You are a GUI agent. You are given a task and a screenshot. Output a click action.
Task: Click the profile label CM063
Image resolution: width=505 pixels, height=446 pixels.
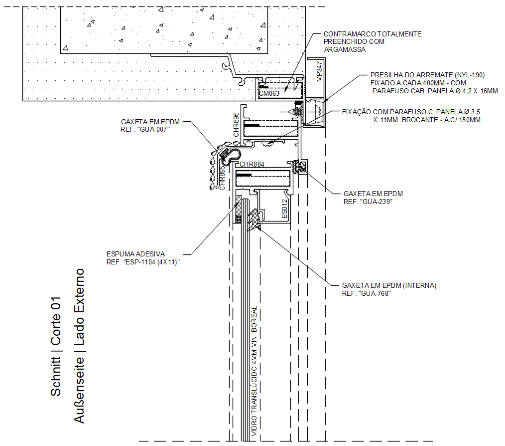pyautogui.click(x=269, y=94)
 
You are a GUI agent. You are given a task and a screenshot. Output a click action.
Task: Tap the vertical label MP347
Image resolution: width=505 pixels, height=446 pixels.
pyautogui.click(x=319, y=71)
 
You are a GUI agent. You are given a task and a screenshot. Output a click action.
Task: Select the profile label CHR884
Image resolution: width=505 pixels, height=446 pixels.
pyautogui.click(x=252, y=164)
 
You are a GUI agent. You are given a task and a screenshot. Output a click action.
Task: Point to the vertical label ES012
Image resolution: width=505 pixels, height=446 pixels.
pyautogui.click(x=284, y=209)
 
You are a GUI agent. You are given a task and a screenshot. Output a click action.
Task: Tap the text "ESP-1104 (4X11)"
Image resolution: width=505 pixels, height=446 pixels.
pyautogui.click(x=151, y=262)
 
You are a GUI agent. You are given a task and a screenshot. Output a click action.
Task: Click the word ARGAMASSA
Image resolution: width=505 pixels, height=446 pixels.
pyautogui.click(x=345, y=49)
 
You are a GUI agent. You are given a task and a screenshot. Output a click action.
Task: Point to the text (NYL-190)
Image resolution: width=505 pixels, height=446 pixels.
pyautogui.click(x=470, y=75)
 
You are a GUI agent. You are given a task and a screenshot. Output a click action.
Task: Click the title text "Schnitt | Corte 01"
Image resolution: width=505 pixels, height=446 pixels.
pyautogui.click(x=56, y=346)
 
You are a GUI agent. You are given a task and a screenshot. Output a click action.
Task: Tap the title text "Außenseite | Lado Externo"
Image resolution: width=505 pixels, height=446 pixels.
pyautogui.click(x=79, y=346)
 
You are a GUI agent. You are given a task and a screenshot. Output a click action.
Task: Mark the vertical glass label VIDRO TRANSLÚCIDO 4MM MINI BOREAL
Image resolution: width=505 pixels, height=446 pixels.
pyautogui.click(x=254, y=371)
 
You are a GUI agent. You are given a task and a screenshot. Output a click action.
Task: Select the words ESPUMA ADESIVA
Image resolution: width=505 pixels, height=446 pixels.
pyautogui.click(x=135, y=254)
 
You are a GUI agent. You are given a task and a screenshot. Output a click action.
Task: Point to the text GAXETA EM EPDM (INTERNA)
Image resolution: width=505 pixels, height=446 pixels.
pyautogui.click(x=389, y=285)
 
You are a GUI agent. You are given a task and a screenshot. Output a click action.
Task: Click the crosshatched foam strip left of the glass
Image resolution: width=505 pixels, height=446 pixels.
pyautogui.click(x=239, y=206)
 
